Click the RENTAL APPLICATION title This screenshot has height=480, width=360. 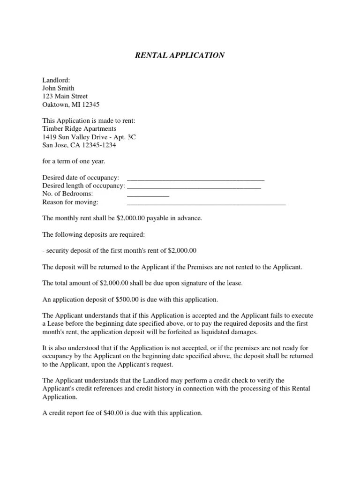click(180, 55)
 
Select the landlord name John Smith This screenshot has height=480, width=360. click(58, 88)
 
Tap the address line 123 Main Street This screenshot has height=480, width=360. click(65, 97)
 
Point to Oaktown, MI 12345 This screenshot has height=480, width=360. click(71, 105)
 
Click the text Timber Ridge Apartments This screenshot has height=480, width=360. click(79, 128)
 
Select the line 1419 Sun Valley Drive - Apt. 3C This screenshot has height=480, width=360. click(89, 137)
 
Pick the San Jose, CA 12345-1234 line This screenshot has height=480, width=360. click(79, 145)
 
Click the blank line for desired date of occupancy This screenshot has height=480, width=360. click(195, 179)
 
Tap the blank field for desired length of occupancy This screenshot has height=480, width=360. click(193, 187)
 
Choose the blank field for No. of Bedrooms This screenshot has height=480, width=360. click(148, 195)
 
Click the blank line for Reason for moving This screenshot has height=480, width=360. click(206, 203)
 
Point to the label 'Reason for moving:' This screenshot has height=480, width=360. click(70, 202)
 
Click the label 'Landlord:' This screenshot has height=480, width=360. click(56, 80)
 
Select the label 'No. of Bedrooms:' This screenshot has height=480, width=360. click(67, 194)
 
